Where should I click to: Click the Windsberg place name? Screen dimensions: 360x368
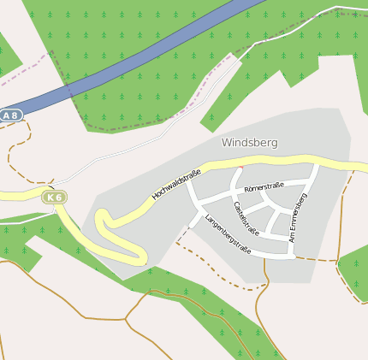tap(249, 143)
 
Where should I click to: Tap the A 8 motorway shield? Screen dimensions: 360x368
tap(10, 115)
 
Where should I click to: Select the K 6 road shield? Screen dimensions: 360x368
tap(55, 198)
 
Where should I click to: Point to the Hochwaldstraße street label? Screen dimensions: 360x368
tap(176, 185)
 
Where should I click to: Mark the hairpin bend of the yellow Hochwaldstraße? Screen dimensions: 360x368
tap(104, 224)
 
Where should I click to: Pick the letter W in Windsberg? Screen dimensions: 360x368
tap(227, 143)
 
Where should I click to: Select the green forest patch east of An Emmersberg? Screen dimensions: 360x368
tap(353, 269)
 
